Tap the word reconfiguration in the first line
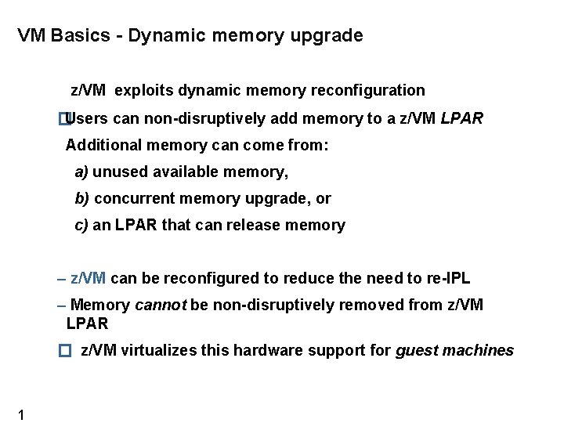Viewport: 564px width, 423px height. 367,90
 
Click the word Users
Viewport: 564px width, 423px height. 88,119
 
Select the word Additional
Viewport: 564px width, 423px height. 99,145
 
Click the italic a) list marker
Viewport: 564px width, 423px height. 81,172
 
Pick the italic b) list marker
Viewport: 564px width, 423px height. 81,199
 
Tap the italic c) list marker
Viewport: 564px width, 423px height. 81,226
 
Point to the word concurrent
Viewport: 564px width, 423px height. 130,199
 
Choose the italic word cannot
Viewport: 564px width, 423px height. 161,305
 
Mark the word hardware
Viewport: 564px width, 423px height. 264,350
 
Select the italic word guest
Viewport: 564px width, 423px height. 417,350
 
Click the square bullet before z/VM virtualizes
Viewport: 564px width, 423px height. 65,351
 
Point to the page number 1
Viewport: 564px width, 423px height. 20,414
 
